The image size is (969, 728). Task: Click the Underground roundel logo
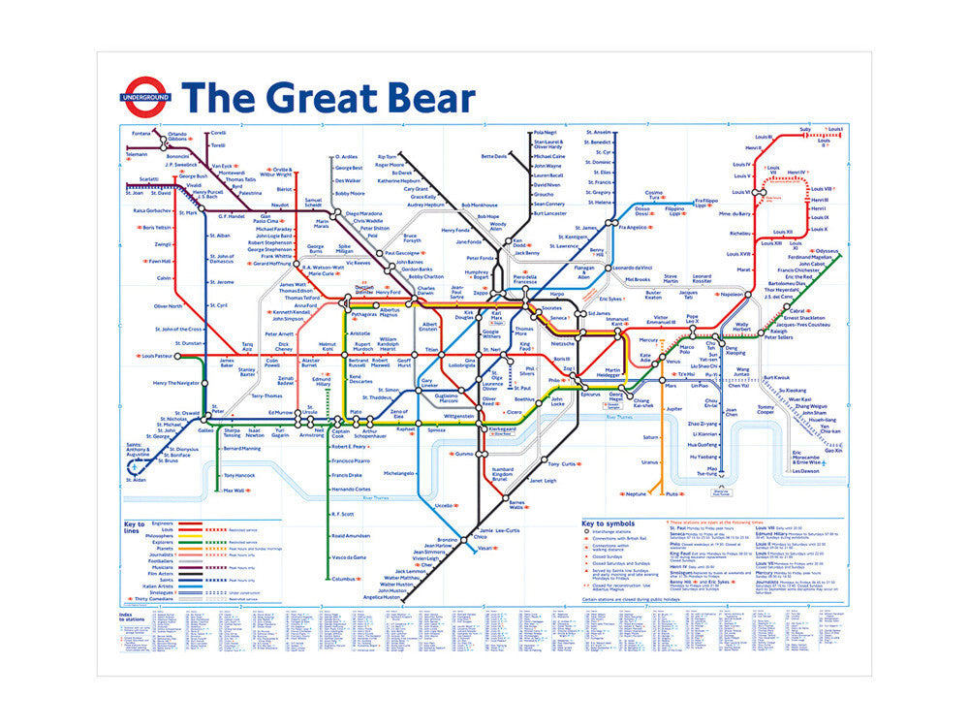coord(146,97)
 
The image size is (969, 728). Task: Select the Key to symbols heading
coord(610,524)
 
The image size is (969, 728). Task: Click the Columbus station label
coord(345,579)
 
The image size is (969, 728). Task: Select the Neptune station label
coord(636,493)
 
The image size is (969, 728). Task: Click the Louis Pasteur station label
coord(156,356)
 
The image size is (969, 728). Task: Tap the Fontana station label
coord(141,133)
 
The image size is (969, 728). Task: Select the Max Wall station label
coord(234,491)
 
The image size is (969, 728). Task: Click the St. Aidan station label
coord(138,480)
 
